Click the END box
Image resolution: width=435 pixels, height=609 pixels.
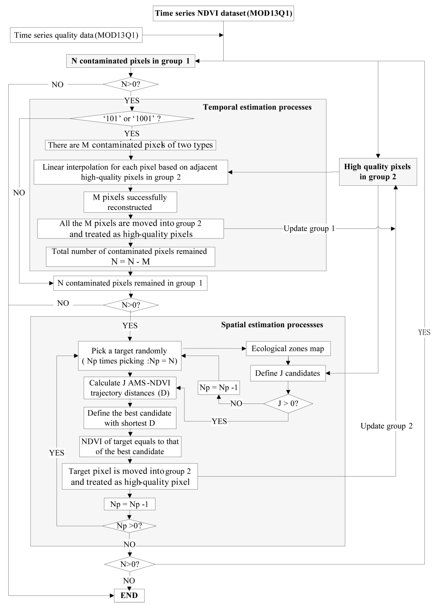pos(129,595)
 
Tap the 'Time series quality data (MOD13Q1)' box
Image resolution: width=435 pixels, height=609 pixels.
pos(76,35)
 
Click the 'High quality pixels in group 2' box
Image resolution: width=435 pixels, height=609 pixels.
pos(378,172)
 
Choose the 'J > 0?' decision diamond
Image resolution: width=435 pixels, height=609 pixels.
pos(288,403)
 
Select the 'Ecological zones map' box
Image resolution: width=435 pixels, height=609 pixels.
pos(288,349)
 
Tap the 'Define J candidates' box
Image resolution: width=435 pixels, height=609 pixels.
pos(288,373)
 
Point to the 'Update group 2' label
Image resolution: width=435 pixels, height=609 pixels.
pos(386,426)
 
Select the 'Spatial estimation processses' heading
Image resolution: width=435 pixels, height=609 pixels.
pos(272,325)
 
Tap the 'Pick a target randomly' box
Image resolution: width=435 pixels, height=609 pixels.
pos(130,356)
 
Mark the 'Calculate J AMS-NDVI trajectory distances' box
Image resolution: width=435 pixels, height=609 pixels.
pos(130,388)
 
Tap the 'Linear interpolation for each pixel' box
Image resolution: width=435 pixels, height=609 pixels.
pos(131,172)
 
